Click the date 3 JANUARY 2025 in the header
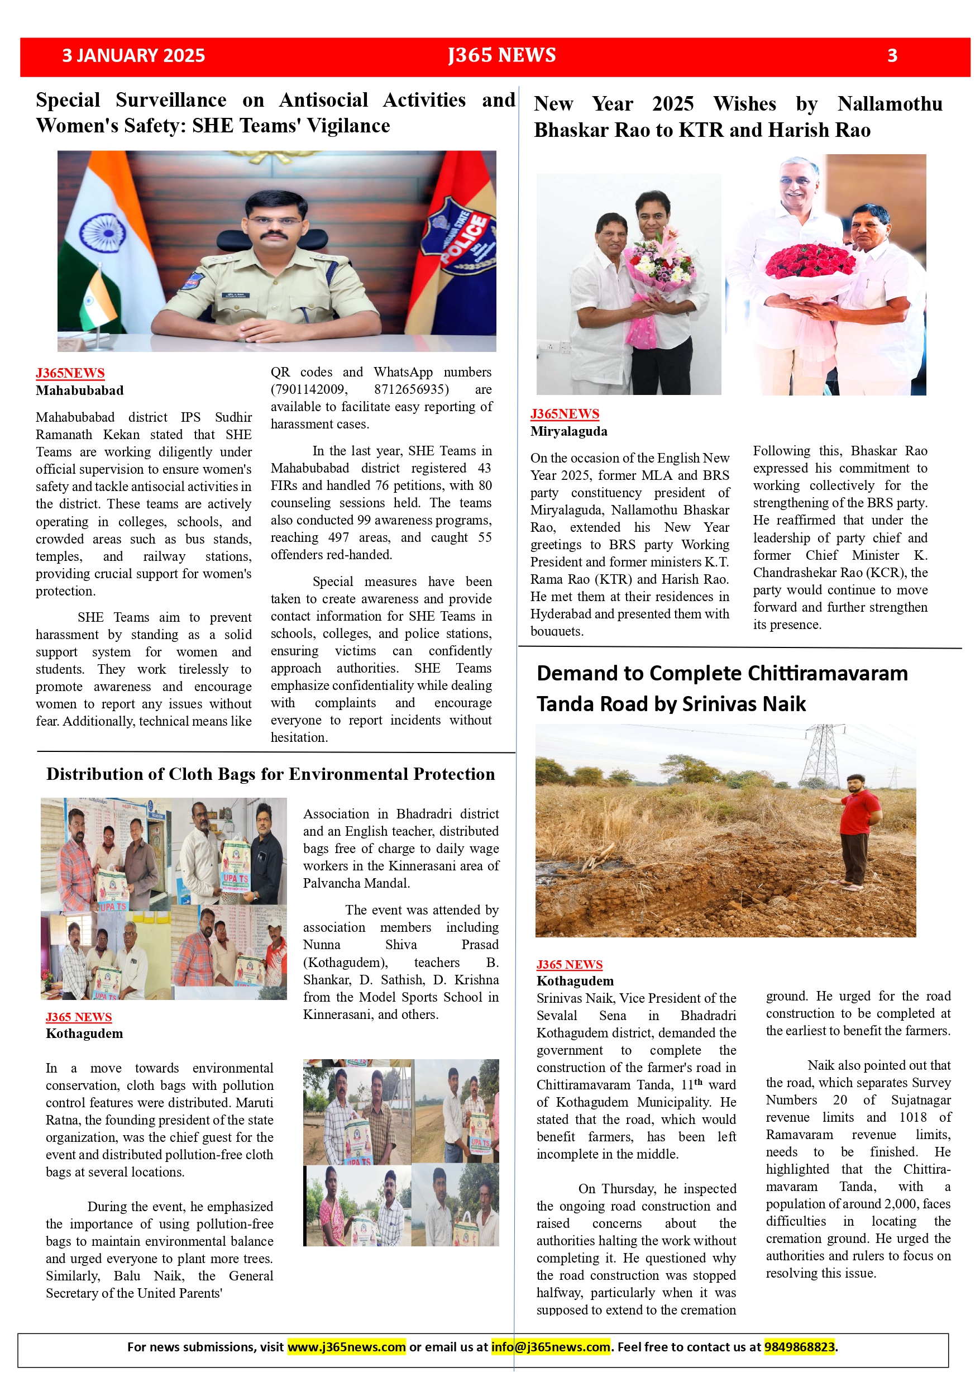click(x=133, y=55)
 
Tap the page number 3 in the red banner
click(x=892, y=56)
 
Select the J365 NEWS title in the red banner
click(x=501, y=55)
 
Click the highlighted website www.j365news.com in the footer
click(x=346, y=1347)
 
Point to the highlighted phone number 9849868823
click(x=800, y=1347)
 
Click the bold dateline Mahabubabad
click(x=80, y=390)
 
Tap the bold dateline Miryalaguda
click(x=569, y=431)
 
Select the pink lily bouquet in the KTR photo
click(x=658, y=260)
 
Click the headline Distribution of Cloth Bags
click(x=270, y=774)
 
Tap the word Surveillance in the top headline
click(x=171, y=100)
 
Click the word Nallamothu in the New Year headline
click(x=890, y=104)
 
